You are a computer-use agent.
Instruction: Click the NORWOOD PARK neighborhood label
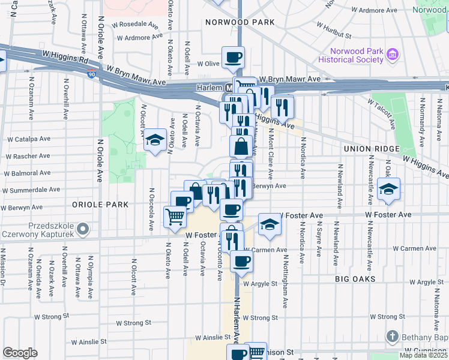[240, 22]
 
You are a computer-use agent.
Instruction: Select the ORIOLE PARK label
[100, 205]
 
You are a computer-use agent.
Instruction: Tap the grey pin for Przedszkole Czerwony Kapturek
[84, 229]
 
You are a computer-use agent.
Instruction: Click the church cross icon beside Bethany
[392, 336]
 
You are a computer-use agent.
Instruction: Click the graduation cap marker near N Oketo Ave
[155, 141]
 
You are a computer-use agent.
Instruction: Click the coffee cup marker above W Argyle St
[241, 261]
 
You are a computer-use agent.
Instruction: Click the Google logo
[20, 353]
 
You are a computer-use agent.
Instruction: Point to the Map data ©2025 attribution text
[423, 355]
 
